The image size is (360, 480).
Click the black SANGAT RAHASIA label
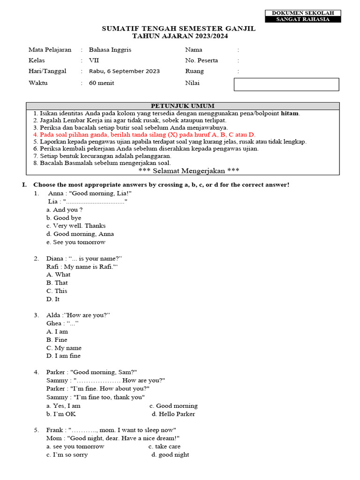point(303,19)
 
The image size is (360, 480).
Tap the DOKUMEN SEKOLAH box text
point(303,13)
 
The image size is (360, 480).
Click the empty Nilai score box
point(286,84)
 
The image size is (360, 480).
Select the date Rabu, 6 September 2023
point(124,71)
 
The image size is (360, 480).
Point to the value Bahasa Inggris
point(110,50)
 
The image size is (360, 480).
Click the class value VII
point(94,60)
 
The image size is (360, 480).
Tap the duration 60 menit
point(102,83)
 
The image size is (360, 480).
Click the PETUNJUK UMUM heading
point(182,106)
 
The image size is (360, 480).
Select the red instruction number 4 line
point(144,134)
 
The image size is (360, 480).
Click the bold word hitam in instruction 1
point(290,113)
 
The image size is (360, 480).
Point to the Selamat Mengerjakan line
point(182,170)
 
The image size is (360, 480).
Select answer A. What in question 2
point(58,275)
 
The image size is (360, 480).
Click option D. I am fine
point(63,356)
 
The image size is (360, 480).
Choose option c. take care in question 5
point(165,446)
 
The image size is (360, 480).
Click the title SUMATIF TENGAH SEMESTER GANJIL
point(179,29)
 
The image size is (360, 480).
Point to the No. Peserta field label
point(202,60)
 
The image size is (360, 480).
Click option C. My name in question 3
point(64,348)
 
